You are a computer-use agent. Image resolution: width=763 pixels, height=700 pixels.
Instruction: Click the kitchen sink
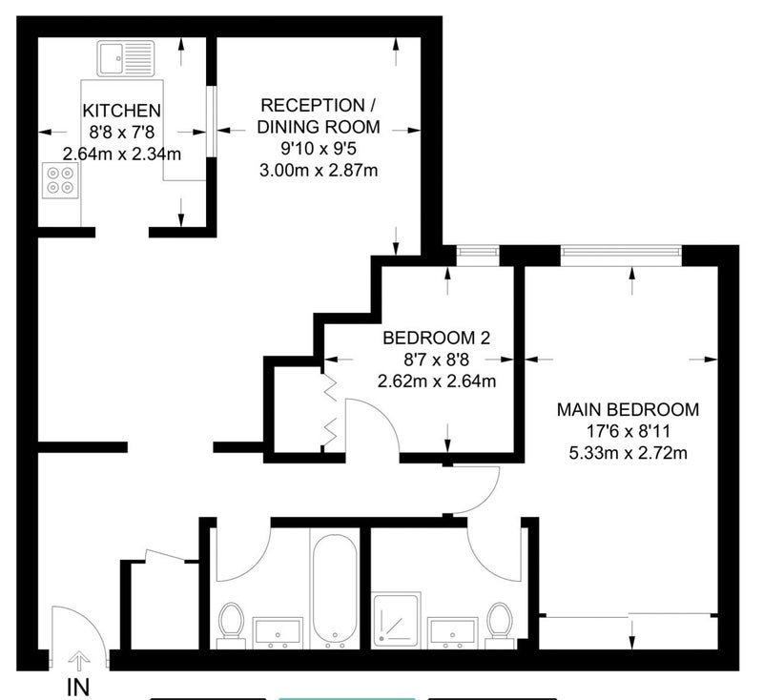pyautogui.click(x=126, y=58)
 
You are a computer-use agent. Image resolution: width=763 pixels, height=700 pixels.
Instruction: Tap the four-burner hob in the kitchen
pyautogui.click(x=61, y=180)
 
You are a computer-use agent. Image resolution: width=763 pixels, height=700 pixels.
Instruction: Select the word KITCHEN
pyautogui.click(x=122, y=111)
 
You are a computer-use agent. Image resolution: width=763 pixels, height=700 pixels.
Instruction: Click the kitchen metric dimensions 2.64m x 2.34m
pyautogui.click(x=122, y=154)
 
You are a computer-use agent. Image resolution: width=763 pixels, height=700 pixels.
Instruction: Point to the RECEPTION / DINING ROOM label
pyautogui.click(x=319, y=115)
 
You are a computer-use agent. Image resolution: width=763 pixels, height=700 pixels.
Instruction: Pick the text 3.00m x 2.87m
pyautogui.click(x=319, y=171)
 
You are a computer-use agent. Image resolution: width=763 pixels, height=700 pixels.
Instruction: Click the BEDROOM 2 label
pyautogui.click(x=437, y=338)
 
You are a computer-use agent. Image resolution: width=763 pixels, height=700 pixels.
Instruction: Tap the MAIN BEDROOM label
pyautogui.click(x=628, y=409)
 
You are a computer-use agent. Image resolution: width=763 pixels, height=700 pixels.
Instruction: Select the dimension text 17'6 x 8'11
pyautogui.click(x=629, y=431)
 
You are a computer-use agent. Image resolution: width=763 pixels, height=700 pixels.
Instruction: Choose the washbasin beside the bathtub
pyautogui.click(x=278, y=633)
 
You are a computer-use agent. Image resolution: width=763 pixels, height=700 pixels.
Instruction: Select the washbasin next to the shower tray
pyautogui.click(x=452, y=633)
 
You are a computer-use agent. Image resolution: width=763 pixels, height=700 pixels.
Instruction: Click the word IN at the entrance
pyautogui.click(x=78, y=688)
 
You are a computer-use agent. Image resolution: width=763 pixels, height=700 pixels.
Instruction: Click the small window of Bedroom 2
pyautogui.click(x=478, y=252)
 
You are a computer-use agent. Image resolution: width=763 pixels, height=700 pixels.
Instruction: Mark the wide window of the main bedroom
pyautogui.click(x=621, y=252)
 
